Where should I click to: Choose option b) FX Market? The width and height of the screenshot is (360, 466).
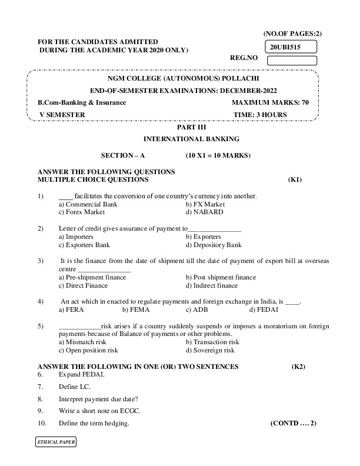pyautogui.click(x=205, y=204)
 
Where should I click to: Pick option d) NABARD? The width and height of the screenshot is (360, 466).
pyautogui.click(x=204, y=212)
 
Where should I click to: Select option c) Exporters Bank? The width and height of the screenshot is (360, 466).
pyautogui.click(x=84, y=245)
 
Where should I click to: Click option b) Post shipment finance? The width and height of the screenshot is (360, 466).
pyautogui.click(x=221, y=277)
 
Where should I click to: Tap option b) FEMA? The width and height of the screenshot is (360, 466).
pyautogui.click(x=136, y=309)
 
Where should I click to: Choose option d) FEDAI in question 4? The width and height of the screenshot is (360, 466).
pyautogui.click(x=264, y=309)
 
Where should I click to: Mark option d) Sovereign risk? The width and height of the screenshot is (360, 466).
pyautogui.click(x=210, y=350)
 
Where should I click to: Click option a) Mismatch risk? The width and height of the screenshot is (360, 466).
pyautogui.click(x=83, y=342)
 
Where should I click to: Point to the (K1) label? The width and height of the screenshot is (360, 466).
pyautogui.click(x=295, y=179)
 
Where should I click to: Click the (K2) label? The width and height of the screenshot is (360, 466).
pyautogui.click(x=298, y=367)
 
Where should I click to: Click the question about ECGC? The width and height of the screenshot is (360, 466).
pyautogui.click(x=99, y=411)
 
